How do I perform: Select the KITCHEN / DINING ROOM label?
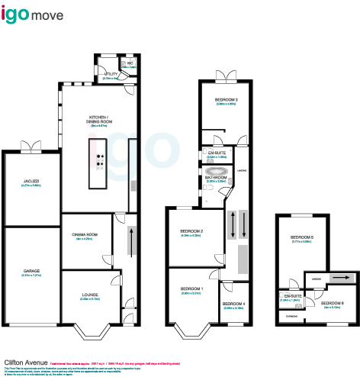pos(96,120)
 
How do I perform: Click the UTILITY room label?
pos(109,74)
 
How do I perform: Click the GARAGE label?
pos(31,271)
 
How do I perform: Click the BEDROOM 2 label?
pos(191,230)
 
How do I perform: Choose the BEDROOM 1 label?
pos(191,288)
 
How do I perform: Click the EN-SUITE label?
pos(217,153)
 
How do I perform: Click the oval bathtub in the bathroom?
pos(218,171)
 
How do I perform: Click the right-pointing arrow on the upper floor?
pos(341,278)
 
